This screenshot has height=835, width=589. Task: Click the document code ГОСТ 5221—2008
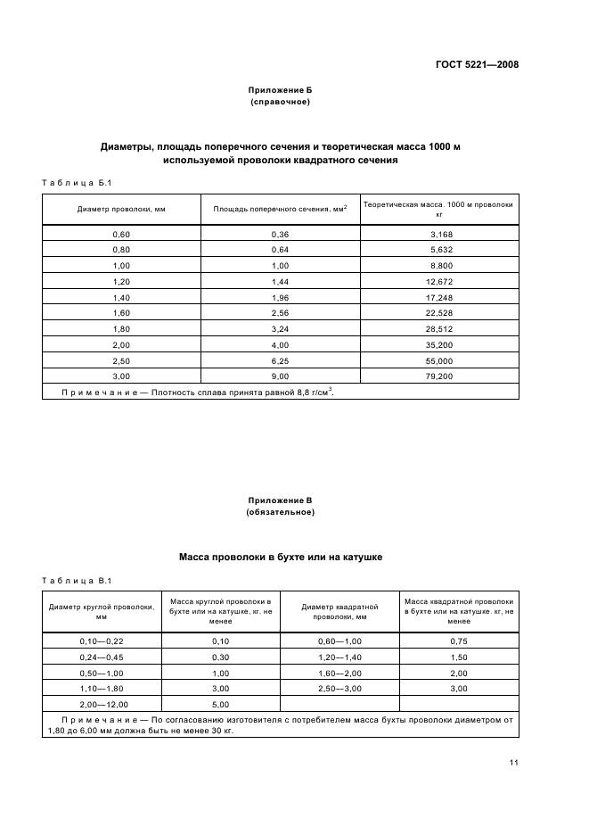tap(477, 64)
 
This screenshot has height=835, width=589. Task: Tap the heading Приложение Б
tap(280, 91)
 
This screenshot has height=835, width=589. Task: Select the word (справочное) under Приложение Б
tap(280, 103)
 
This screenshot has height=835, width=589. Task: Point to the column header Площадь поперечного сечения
tap(280, 211)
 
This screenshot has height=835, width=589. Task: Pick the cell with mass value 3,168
tap(441, 234)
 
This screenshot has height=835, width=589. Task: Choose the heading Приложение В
tap(280, 500)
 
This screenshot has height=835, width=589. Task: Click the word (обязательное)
tap(280, 512)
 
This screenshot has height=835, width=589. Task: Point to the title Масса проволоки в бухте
tap(280, 557)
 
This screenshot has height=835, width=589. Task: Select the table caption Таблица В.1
tap(76, 582)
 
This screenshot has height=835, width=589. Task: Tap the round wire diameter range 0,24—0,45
tap(101, 657)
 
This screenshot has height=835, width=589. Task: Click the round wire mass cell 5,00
tap(220, 704)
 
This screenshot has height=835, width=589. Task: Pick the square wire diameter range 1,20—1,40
tap(339, 657)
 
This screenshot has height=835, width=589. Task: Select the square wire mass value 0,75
tap(458, 641)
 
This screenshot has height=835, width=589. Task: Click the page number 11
tap(514, 762)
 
